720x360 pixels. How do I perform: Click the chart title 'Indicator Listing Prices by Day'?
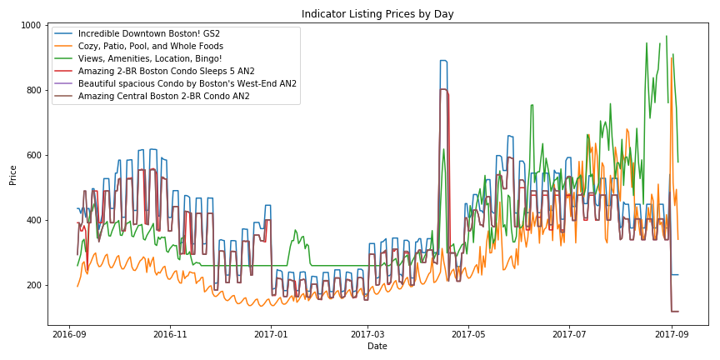[x=377, y=14]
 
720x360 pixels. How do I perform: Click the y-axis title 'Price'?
[x=14, y=174]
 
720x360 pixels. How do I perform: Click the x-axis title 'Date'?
[x=377, y=346]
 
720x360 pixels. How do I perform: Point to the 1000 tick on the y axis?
[x=30, y=26]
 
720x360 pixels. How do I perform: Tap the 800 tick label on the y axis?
[x=32, y=91]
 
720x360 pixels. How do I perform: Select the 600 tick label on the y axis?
[x=32, y=156]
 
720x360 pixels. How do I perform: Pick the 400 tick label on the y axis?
[x=32, y=221]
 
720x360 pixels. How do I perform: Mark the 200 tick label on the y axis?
[x=32, y=286]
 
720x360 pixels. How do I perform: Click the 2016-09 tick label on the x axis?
[x=69, y=333]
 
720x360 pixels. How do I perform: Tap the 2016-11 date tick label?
[x=170, y=333]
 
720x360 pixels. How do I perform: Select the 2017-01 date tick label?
[x=270, y=333]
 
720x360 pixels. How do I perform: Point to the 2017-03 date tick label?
[x=367, y=333]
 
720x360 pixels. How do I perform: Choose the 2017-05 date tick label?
[x=467, y=333]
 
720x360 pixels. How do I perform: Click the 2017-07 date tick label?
[x=568, y=333]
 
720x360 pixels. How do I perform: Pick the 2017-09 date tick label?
[x=670, y=333]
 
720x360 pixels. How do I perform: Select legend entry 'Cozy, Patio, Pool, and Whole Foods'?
[x=151, y=46]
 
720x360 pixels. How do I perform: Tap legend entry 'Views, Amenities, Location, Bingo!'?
[x=150, y=59]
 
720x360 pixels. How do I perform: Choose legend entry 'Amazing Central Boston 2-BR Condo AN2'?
[x=163, y=97]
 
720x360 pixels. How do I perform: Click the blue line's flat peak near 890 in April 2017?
[x=443, y=61]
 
